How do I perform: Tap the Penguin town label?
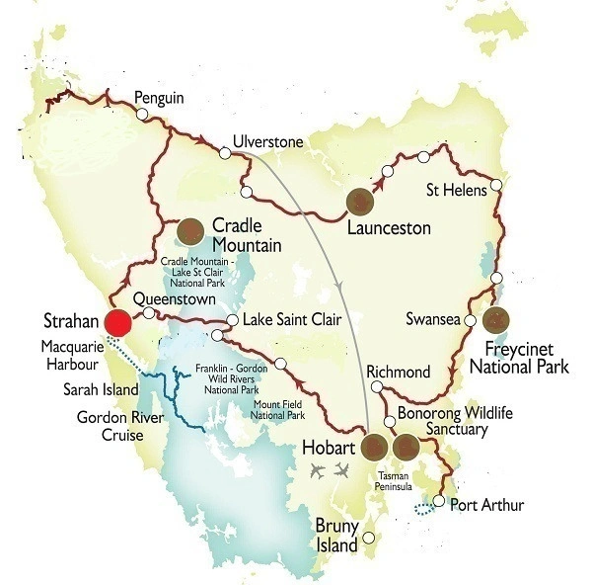[x=159, y=98]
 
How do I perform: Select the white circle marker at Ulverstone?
[x=225, y=152]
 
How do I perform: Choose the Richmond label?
[x=398, y=372]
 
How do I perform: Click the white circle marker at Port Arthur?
[x=439, y=501]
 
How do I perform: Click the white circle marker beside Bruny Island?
[x=369, y=539]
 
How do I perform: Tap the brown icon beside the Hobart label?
[x=374, y=448]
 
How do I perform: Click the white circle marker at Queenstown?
[x=149, y=313]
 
